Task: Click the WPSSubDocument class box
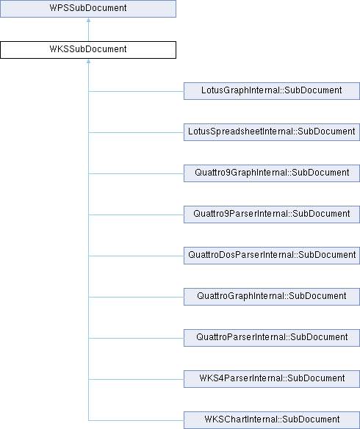coord(88,9)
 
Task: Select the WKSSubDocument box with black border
coord(88,50)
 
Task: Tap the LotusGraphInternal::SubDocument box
coord(272,91)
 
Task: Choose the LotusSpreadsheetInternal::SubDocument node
coord(272,132)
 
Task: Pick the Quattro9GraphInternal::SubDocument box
coord(272,173)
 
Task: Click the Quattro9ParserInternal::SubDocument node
coord(272,214)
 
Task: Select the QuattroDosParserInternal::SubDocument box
coord(272,256)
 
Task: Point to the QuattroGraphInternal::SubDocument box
coord(272,297)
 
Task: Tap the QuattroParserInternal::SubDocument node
coord(272,338)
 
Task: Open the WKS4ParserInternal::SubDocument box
coord(272,379)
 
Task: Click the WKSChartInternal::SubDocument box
coord(272,420)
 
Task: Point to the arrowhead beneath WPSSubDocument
coord(88,20)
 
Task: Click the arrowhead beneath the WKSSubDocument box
coord(88,61)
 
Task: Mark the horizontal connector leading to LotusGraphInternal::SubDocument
coord(136,91)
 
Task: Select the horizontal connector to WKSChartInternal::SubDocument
coord(136,420)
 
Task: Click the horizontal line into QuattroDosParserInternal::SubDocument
coord(136,256)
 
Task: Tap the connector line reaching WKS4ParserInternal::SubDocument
coord(136,380)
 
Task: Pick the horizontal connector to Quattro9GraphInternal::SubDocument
coord(136,174)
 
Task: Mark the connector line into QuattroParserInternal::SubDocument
coord(136,338)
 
